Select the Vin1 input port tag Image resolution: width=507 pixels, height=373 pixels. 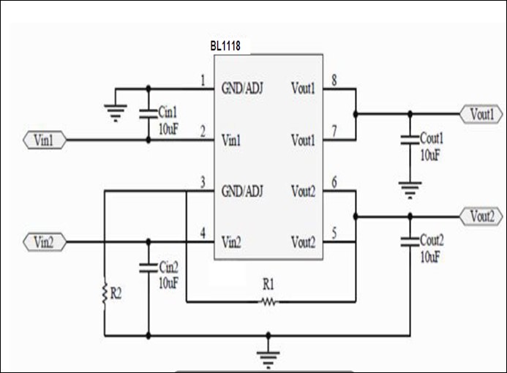click(45, 139)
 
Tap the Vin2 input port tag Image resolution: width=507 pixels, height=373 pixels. click(45, 241)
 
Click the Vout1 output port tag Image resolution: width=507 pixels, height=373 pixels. click(481, 114)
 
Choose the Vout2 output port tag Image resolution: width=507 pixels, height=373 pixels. click(481, 216)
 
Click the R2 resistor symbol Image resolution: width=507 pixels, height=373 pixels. click(105, 295)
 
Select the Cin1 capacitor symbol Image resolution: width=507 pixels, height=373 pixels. click(149, 113)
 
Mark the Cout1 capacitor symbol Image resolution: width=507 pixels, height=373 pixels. click(410, 138)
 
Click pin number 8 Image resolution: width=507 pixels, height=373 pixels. click(334, 81)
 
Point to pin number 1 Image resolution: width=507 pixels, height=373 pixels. click(203, 81)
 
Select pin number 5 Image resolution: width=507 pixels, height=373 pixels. click(334, 233)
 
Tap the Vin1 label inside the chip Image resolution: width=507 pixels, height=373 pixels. click(234, 139)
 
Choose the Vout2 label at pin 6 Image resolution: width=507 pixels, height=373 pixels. click(303, 192)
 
